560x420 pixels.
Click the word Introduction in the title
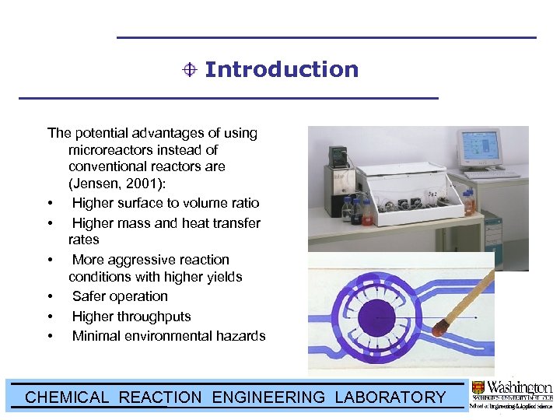(x=281, y=69)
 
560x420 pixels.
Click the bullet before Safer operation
(x=51, y=297)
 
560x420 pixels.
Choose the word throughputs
(x=152, y=317)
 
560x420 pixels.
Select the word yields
(x=224, y=277)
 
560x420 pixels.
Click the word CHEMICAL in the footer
(x=67, y=397)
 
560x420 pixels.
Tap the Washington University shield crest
(x=478, y=387)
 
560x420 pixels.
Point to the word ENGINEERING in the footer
(x=268, y=397)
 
